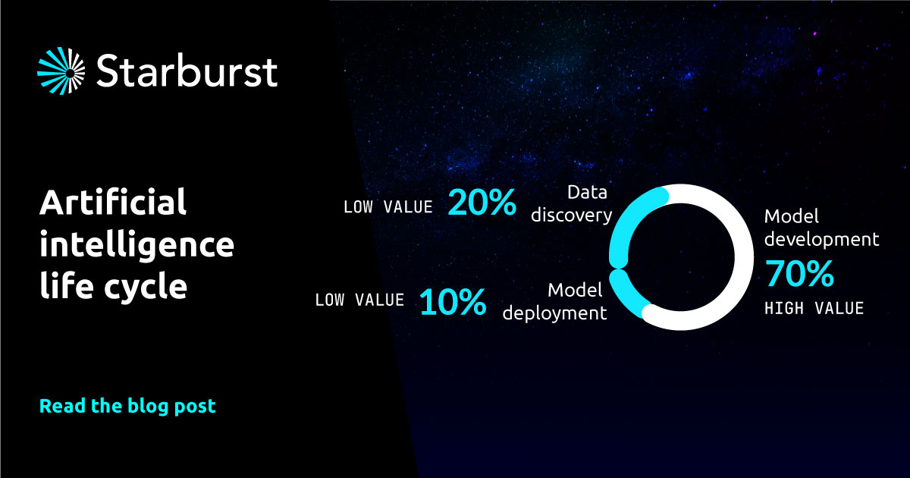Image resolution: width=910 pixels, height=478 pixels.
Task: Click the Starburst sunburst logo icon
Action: click(61, 71)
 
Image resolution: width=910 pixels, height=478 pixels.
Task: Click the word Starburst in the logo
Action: click(187, 71)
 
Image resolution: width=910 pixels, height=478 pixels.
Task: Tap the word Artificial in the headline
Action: click(113, 202)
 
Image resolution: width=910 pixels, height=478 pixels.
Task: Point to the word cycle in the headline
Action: click(146, 288)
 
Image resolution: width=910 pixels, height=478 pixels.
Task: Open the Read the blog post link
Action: click(127, 406)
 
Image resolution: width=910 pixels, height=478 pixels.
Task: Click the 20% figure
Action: click(482, 202)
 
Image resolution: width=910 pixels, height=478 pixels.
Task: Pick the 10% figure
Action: click(453, 302)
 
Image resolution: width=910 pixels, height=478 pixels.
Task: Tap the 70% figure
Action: click(799, 274)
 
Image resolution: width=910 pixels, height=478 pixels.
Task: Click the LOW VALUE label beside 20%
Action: click(388, 207)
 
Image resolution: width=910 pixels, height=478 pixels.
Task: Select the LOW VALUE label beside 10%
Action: click(359, 300)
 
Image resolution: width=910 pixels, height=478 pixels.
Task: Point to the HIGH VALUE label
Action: click(814, 309)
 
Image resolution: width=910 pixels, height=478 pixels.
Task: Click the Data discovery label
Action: click(572, 204)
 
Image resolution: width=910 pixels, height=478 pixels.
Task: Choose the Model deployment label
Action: click(555, 302)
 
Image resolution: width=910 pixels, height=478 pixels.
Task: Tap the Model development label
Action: click(821, 228)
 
